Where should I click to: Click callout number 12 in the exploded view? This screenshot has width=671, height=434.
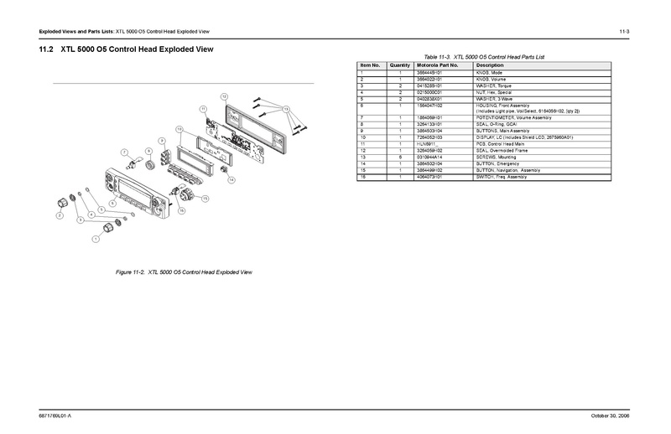click(224, 98)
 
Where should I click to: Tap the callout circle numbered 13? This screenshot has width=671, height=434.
click(286, 110)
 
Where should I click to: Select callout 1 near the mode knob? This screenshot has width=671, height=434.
click(96, 239)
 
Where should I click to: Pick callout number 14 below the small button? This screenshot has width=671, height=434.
click(231, 180)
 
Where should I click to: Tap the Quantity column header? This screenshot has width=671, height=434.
click(400, 65)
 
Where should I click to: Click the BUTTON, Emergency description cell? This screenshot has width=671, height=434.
click(500, 163)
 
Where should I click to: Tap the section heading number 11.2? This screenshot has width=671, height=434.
click(47, 50)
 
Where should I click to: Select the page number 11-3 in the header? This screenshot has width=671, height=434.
click(625, 31)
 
